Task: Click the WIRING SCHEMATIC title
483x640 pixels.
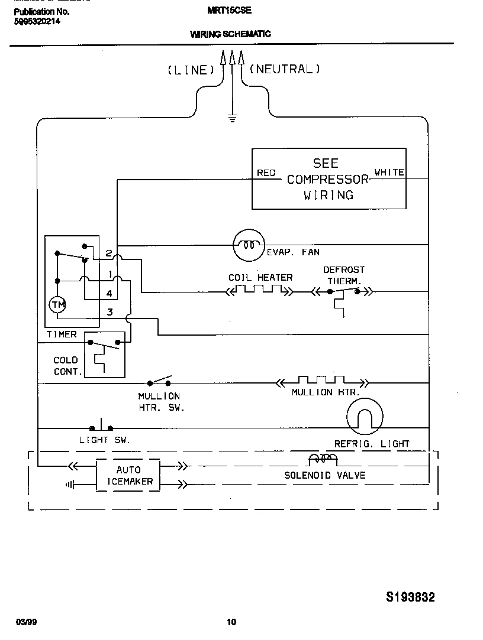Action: tap(230, 34)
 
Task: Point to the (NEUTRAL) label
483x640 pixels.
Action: tap(285, 69)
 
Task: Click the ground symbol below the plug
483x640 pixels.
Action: tap(232, 118)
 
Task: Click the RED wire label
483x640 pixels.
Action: tap(266, 173)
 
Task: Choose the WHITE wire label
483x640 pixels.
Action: tap(389, 173)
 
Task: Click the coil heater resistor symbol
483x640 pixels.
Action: tap(259, 290)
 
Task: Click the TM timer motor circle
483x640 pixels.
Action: tap(57, 305)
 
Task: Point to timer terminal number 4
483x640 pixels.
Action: tap(110, 293)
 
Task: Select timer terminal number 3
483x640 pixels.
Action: tap(110, 312)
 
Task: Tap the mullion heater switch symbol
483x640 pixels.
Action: tap(159, 381)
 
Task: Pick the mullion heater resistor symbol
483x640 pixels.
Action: tap(322, 382)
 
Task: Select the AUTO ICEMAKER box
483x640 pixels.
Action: tap(128, 475)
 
